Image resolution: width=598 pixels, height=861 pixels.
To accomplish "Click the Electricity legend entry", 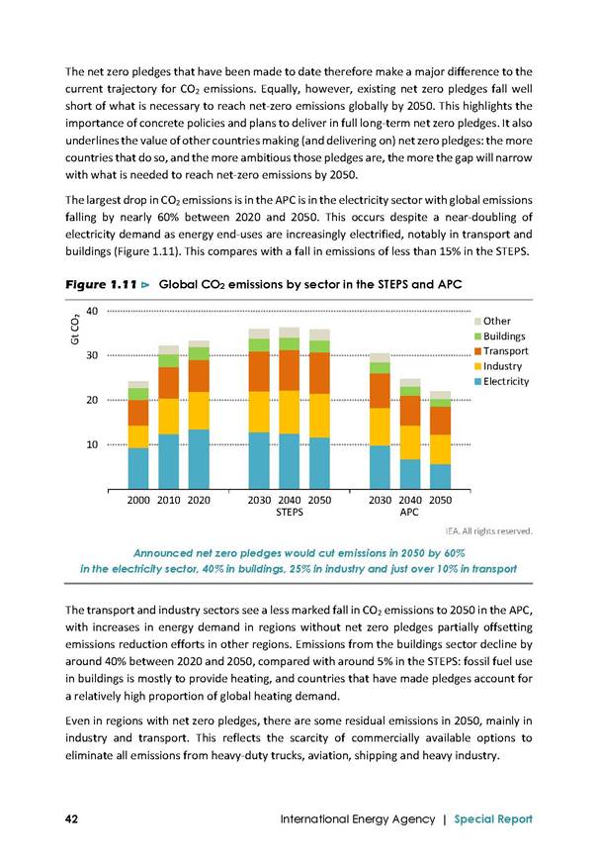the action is (501, 381).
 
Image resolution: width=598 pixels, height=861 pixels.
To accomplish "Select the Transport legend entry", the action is (501, 351).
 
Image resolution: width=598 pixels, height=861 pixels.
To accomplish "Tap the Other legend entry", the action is (492, 321).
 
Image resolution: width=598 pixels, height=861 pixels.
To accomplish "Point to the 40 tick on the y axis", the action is (92, 311).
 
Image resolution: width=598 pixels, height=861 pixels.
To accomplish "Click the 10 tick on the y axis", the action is (92, 444).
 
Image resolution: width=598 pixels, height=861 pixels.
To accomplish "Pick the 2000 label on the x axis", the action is (138, 500).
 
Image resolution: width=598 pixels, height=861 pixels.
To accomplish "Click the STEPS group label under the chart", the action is (290, 513).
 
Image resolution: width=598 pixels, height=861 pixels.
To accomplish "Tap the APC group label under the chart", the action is (409, 513).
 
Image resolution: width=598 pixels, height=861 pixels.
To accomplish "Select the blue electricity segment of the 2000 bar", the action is (138, 468).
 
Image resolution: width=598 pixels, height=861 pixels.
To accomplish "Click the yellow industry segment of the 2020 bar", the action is (199, 411).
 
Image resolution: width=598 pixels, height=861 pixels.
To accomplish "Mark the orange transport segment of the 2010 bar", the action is (168, 383).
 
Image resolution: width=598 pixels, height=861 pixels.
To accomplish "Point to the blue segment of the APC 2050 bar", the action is (440, 477).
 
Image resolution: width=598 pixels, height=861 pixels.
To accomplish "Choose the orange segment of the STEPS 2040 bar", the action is (290, 370).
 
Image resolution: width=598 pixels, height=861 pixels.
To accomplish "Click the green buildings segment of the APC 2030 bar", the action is (380, 368).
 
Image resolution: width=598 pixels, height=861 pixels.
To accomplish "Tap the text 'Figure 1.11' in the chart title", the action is (101, 284).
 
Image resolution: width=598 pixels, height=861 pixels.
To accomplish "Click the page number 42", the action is (71, 818).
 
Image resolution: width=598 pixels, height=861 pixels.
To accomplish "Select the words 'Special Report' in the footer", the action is (493, 818).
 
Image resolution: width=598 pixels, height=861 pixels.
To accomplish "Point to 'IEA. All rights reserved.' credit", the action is (489, 531).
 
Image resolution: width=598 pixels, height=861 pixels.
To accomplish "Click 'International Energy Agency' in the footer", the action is (358, 818).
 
